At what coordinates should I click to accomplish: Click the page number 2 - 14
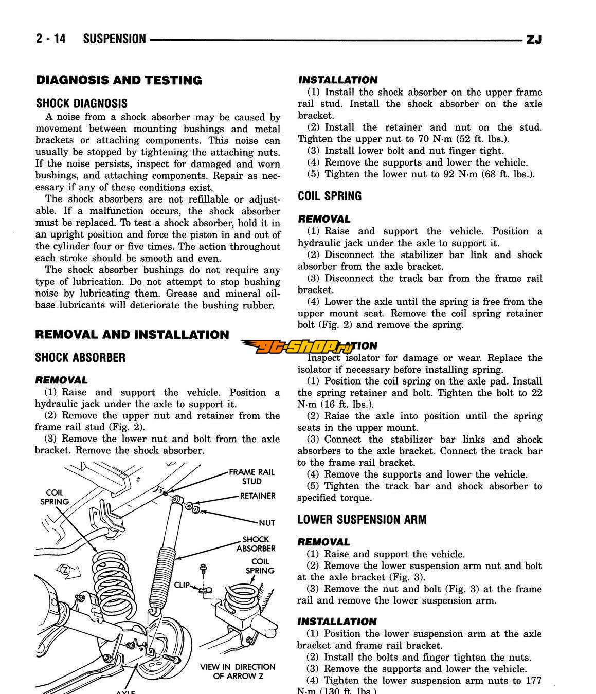[x=51, y=39]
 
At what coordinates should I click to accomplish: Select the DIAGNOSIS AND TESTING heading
[x=119, y=80]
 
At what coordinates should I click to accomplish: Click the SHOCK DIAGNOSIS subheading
[x=82, y=103]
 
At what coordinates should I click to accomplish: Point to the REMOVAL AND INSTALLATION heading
[x=132, y=335]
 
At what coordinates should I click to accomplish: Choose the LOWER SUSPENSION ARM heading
[x=362, y=520]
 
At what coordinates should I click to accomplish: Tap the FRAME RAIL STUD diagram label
[x=251, y=477]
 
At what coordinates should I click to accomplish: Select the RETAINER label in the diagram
[x=258, y=496]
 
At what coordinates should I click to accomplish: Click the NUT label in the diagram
[x=267, y=523]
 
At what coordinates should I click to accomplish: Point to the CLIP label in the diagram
[x=182, y=585]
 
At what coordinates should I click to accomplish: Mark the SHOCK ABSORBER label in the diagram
[x=256, y=544]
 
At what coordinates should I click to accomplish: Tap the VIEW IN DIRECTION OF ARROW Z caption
[x=238, y=671]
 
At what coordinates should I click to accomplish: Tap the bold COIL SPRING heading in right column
[x=330, y=196]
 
